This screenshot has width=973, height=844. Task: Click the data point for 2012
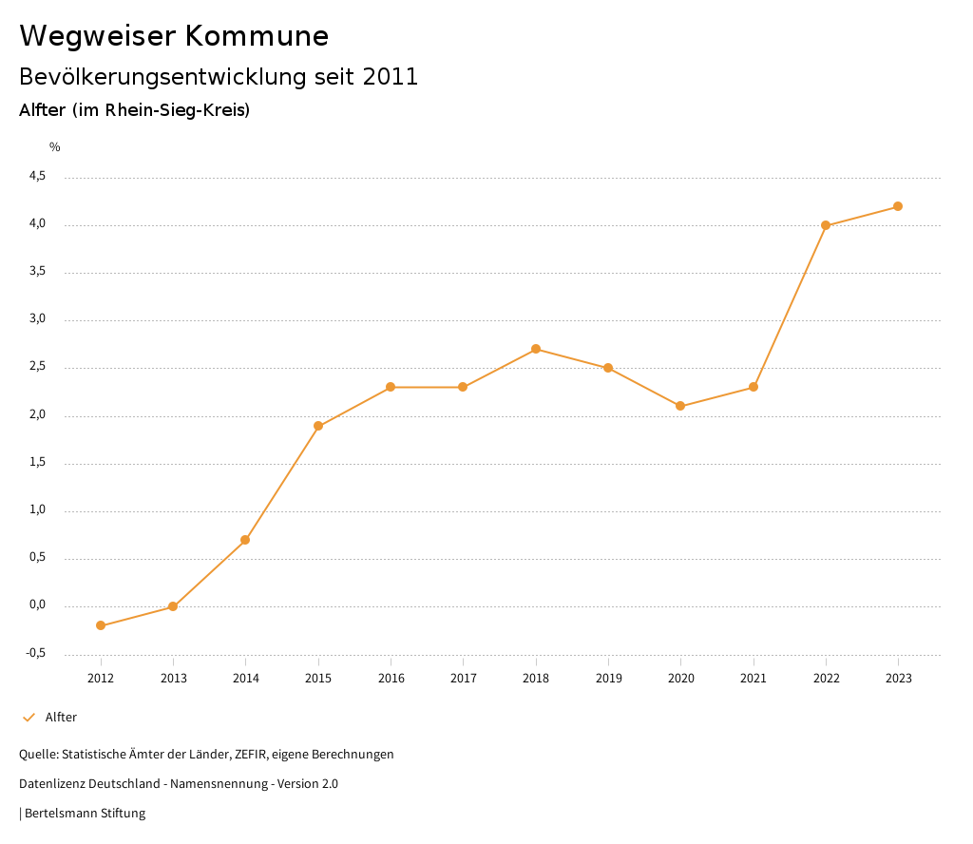[x=101, y=625]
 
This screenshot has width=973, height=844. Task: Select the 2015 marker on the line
[x=318, y=426]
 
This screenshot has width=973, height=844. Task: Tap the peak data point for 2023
[x=898, y=206]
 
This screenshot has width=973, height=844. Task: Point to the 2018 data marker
[x=536, y=349]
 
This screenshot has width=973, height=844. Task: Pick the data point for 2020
[x=680, y=406]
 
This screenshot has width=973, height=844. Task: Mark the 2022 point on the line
[x=826, y=225]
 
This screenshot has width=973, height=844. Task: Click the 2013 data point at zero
[x=173, y=606]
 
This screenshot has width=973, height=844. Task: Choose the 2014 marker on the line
[x=245, y=540]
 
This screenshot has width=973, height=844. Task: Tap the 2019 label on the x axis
[x=608, y=679]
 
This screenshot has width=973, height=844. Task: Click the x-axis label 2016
[x=391, y=679]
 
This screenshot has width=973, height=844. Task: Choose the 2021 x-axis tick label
[x=754, y=679]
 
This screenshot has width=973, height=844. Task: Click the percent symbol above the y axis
[x=55, y=147]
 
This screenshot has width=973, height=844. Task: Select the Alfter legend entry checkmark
[x=29, y=718]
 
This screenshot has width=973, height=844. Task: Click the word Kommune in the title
[x=257, y=36]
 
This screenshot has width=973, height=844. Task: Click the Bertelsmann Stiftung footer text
[x=85, y=814]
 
